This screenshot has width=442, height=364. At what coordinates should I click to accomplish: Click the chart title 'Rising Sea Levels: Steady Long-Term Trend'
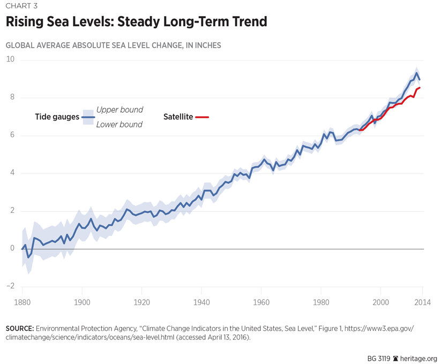(136, 23)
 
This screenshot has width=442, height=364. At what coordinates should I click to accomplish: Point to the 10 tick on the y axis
(10, 59)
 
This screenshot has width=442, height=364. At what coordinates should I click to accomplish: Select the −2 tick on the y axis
(10, 286)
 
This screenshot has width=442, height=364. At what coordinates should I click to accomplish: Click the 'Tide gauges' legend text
(57, 117)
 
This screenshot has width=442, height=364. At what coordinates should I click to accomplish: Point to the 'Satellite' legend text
(178, 117)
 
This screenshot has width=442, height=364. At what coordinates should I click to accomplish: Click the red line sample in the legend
(202, 117)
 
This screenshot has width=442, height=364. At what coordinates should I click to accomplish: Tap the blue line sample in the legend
(89, 117)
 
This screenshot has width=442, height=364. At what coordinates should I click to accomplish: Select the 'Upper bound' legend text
(119, 110)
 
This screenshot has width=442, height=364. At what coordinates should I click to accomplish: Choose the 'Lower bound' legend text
(119, 124)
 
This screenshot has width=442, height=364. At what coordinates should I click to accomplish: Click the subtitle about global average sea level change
(113, 46)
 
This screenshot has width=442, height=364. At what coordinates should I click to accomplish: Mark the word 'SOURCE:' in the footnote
(20, 328)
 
